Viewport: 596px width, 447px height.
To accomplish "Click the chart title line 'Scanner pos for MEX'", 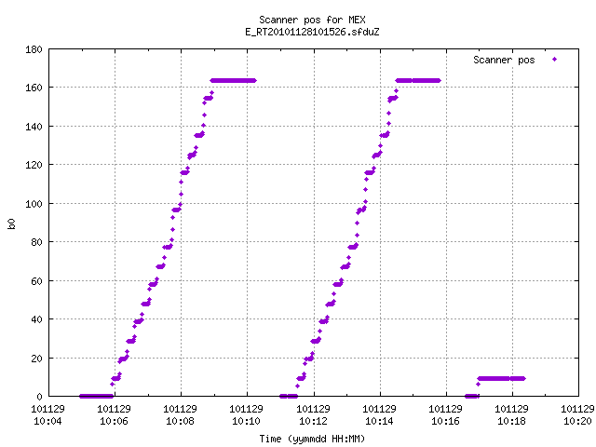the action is [x=312, y=20].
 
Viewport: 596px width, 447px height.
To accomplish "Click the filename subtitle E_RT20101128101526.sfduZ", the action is [x=312, y=32].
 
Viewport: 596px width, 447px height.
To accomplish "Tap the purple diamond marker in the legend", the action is [x=555, y=59].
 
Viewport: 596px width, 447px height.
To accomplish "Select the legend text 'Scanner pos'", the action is [x=504, y=60].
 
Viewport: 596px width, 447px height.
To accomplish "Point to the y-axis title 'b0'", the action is [x=11, y=223].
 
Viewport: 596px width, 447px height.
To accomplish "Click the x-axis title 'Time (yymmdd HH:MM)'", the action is [x=312, y=439].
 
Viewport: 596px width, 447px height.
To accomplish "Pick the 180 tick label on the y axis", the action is [x=34, y=49].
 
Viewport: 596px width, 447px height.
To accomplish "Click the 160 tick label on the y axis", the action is [x=34, y=88].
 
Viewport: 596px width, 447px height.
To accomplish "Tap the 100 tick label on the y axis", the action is [x=34, y=204].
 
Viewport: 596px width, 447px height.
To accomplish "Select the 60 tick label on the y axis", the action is [x=36, y=281].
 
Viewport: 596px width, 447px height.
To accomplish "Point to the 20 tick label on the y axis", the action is [x=36, y=358].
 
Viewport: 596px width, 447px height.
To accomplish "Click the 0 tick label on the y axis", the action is [x=39, y=397].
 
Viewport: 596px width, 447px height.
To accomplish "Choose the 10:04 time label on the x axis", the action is [x=47, y=421].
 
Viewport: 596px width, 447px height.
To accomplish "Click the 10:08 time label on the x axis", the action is [x=180, y=421].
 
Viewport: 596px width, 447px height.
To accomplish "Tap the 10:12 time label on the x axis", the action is [x=313, y=421].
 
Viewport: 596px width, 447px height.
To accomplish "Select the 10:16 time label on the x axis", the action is [x=445, y=421].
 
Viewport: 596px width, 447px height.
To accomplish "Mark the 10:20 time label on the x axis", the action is [x=577, y=421].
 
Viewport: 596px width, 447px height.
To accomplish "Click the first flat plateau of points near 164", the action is [x=234, y=81].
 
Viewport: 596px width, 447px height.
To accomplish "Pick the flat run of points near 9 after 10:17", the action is [x=501, y=379].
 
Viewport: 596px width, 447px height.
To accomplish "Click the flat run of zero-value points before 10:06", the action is [x=96, y=396].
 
